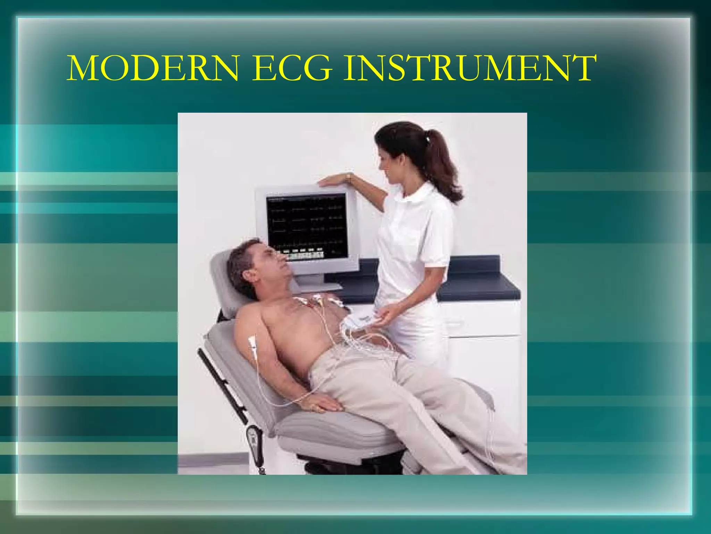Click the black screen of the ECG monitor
pos(307,226)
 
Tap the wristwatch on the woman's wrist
pos(348,178)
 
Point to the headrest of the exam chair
pos(222,278)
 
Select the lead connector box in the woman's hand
pos(361,320)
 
